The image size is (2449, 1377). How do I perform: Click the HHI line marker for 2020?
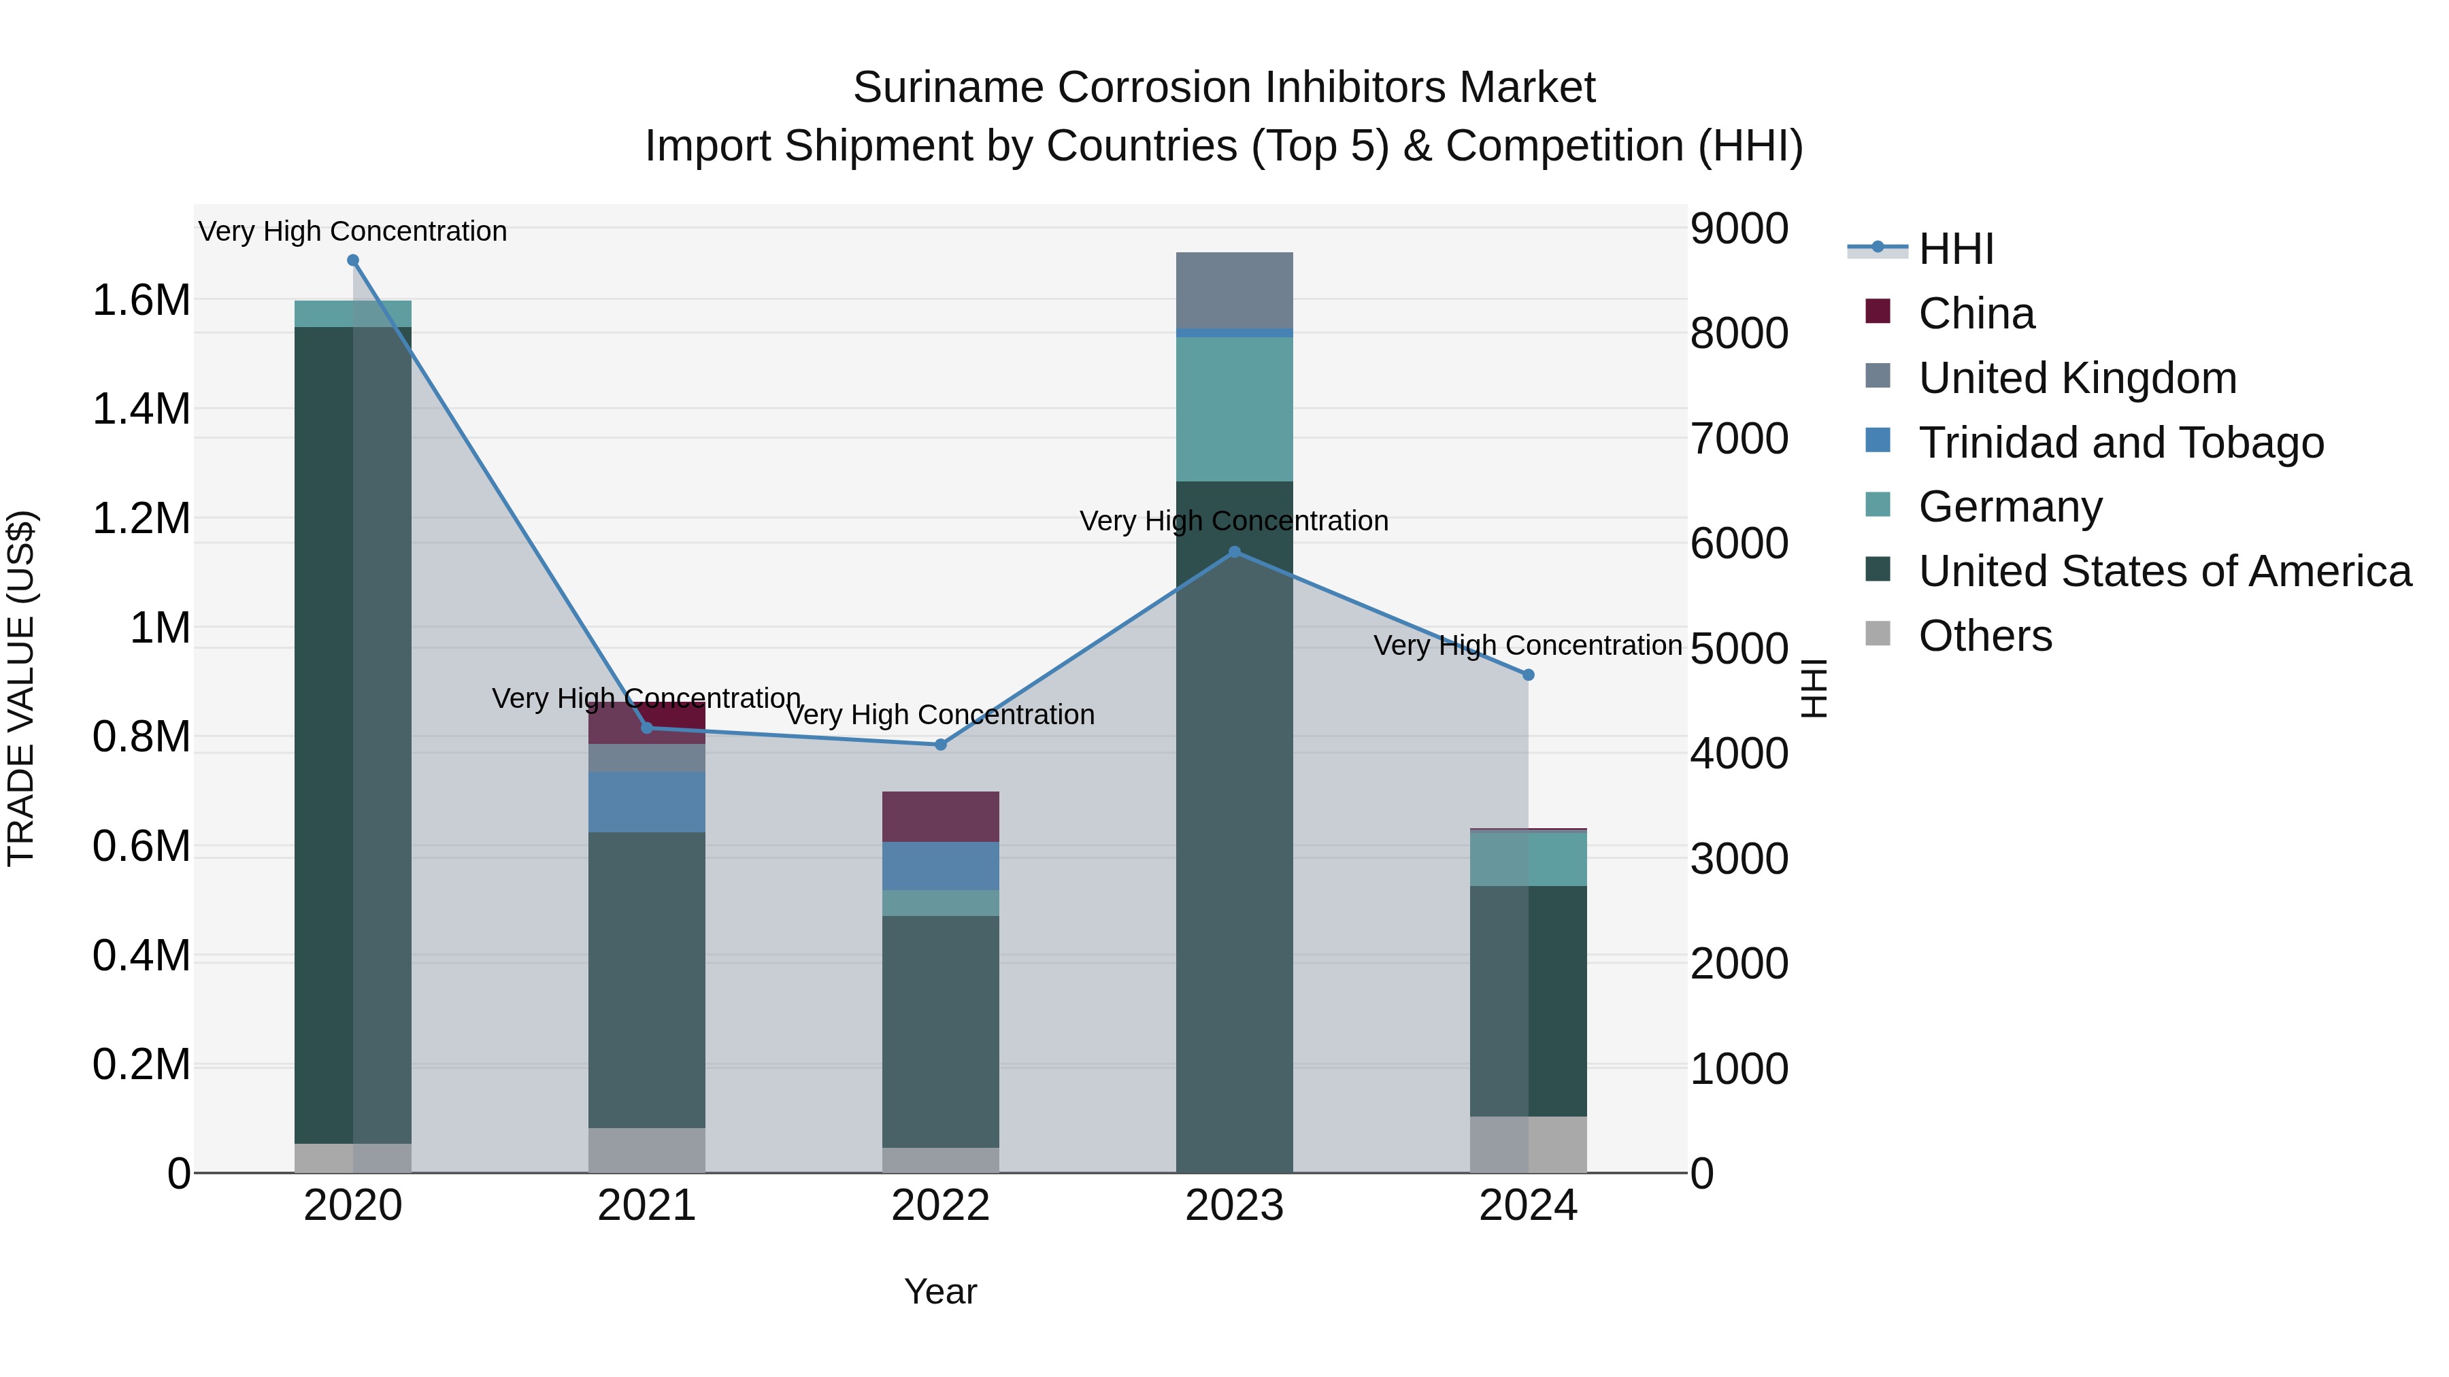[352, 260]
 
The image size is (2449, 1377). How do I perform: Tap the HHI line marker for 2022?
[940, 745]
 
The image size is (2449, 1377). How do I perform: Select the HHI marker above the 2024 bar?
[1528, 675]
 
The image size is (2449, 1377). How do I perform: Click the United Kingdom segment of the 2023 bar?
[1234, 290]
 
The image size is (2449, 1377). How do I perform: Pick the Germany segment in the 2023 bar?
[1234, 409]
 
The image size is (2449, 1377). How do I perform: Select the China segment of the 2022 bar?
[940, 816]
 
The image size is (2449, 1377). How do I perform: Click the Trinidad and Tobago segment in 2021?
[646, 802]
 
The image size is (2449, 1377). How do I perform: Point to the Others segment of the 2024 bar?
[1528, 1144]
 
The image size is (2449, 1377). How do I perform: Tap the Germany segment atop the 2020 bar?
[352, 313]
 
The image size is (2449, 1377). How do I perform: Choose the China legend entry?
[1976, 313]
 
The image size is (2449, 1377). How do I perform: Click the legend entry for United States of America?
[2164, 571]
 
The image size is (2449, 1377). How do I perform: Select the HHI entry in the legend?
[1956, 249]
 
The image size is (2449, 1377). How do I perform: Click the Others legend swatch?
[1878, 634]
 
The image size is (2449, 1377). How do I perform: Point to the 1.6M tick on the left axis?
[141, 301]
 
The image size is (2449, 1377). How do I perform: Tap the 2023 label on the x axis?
[1234, 1206]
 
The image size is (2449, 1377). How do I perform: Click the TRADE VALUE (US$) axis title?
[21, 688]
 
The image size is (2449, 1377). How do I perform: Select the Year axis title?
[940, 1291]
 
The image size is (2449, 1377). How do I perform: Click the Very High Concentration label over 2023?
[1234, 521]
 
